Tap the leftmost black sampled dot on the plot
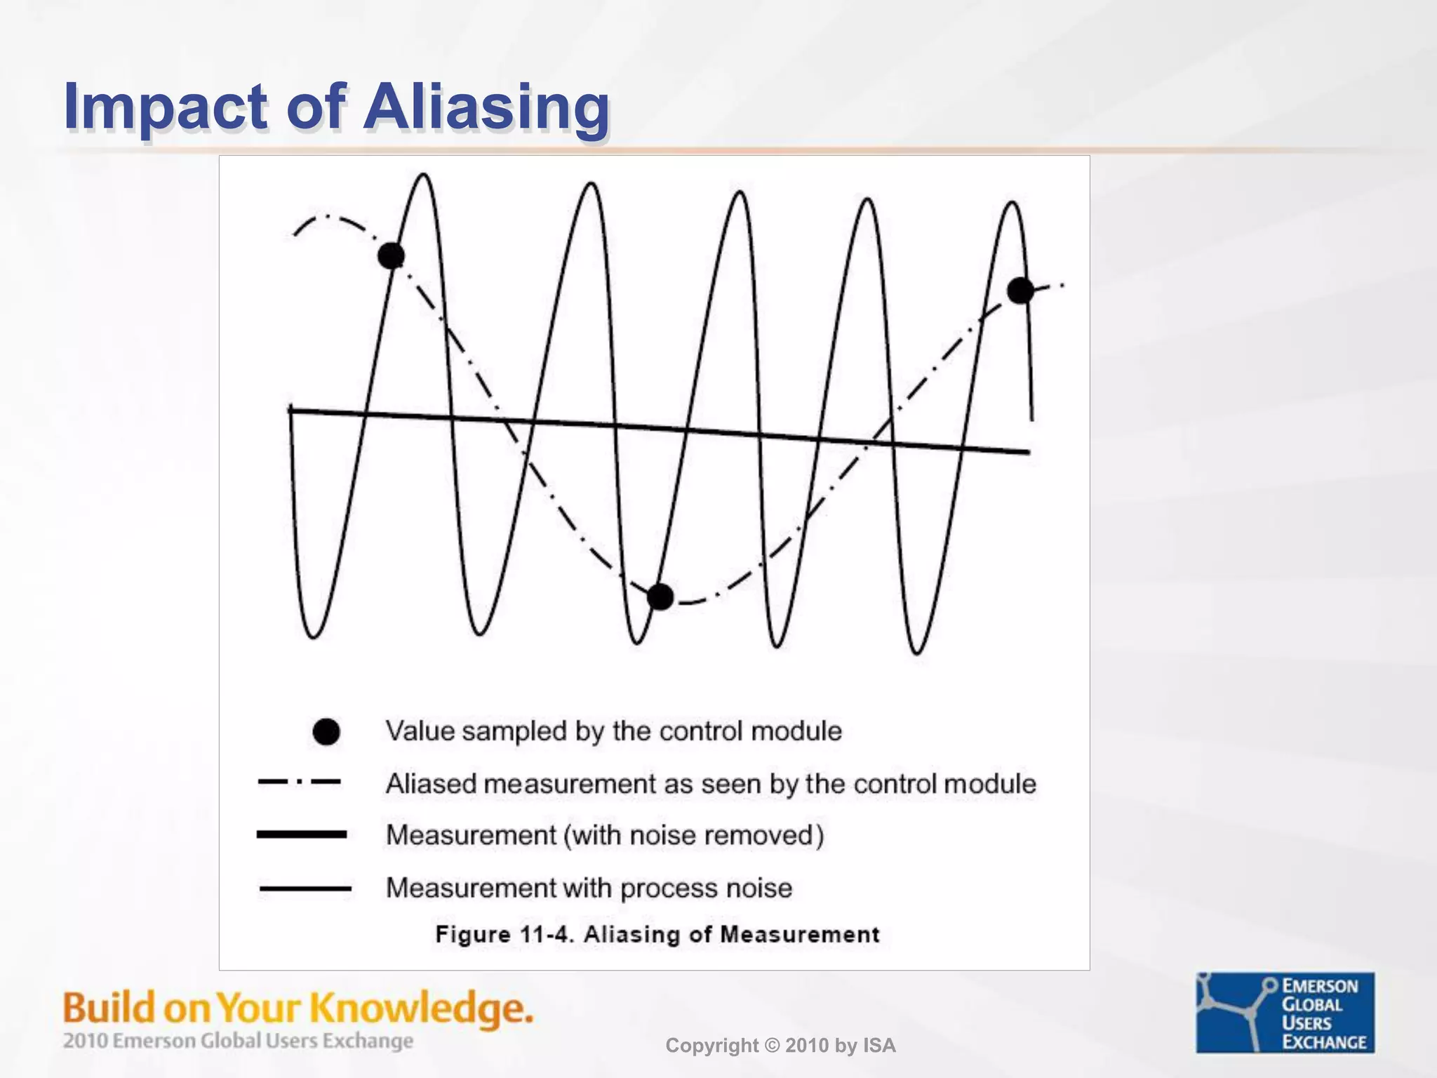391,255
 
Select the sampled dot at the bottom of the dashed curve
660,597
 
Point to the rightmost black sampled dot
1020,290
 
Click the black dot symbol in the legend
326,732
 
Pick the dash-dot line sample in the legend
300,781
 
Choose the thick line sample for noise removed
302,834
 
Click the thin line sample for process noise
305,889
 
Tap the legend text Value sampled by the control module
613,731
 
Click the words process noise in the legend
706,889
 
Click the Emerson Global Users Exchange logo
1285,1012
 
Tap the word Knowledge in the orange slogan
421,1009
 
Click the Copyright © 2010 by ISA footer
780,1046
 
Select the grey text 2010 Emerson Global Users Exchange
238,1041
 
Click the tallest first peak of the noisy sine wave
425,175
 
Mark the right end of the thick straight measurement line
1027,452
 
